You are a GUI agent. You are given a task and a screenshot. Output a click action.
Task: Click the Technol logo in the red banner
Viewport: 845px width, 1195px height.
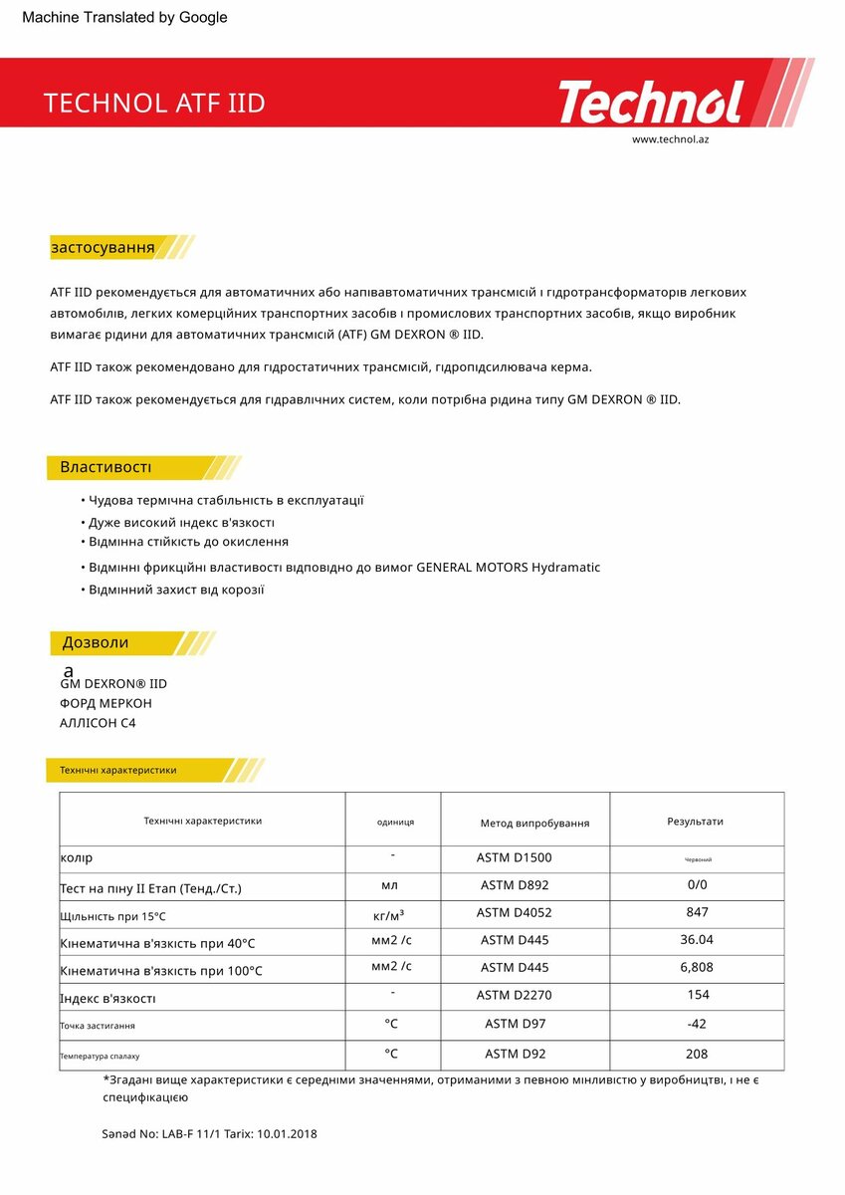coord(651,103)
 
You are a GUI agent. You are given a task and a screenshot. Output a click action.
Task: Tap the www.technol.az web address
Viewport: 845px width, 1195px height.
coord(670,139)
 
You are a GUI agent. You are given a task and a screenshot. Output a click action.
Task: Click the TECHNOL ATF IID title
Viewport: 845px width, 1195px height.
coord(154,104)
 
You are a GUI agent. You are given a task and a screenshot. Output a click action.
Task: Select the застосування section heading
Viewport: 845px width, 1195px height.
coord(103,247)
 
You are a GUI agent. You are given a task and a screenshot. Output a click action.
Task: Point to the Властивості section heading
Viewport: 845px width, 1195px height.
coord(106,467)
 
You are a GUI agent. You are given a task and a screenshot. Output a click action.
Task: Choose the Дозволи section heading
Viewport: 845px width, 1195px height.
coord(96,642)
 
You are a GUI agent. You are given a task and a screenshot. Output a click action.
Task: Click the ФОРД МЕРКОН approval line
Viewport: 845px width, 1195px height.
coord(106,703)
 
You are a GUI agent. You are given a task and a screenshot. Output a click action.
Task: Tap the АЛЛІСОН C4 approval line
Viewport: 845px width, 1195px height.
coord(98,723)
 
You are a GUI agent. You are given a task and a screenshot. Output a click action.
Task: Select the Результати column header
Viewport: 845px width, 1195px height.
coord(695,822)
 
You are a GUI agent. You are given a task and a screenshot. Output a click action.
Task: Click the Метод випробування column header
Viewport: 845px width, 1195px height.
coord(534,823)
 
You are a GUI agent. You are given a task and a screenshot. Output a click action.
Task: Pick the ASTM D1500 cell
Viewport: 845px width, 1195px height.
coord(514,857)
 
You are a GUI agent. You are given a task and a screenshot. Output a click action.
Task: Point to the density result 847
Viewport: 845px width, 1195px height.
coord(697,912)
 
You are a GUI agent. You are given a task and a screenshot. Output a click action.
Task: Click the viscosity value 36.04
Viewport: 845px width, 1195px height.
coord(697,939)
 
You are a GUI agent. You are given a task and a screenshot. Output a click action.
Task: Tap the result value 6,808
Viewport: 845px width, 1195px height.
coord(697,967)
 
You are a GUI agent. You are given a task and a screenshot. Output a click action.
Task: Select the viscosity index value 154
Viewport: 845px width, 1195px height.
coord(699,995)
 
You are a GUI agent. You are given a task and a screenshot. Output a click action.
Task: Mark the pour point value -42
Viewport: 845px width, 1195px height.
coord(697,1024)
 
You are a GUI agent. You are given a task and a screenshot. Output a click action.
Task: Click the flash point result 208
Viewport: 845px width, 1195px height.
coord(697,1054)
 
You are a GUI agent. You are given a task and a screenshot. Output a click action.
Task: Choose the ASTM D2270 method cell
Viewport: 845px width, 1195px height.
coord(514,995)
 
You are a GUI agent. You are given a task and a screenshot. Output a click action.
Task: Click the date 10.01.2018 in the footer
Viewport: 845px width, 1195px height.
coord(287,1133)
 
